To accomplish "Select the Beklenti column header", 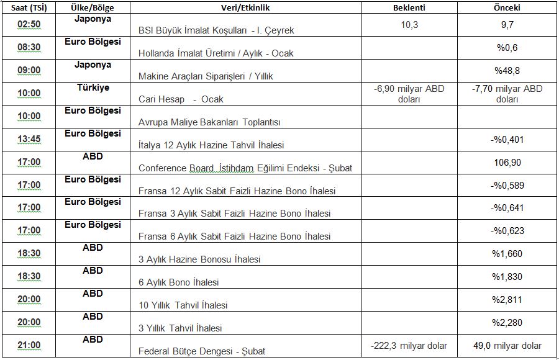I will pos(409,7).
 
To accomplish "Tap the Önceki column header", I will pos(507,7).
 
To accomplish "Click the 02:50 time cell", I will pos(29,25).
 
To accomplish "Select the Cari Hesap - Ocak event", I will pos(181,99).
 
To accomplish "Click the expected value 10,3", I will pos(409,24).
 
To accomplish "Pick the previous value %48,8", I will pos(507,70).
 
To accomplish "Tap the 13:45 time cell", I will pos(29,139).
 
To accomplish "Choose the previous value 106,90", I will pos(507,162).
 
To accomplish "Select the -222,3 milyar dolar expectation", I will pos(409,345).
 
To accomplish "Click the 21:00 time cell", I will pos(29,345).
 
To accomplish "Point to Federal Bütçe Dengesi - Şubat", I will pos(202,351).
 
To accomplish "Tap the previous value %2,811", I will pos(507,299).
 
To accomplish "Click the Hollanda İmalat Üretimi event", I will pos(216,53).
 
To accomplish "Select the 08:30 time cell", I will pos(29,47).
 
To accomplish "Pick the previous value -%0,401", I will pos(507,139).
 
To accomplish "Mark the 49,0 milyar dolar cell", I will pos(507,345).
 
